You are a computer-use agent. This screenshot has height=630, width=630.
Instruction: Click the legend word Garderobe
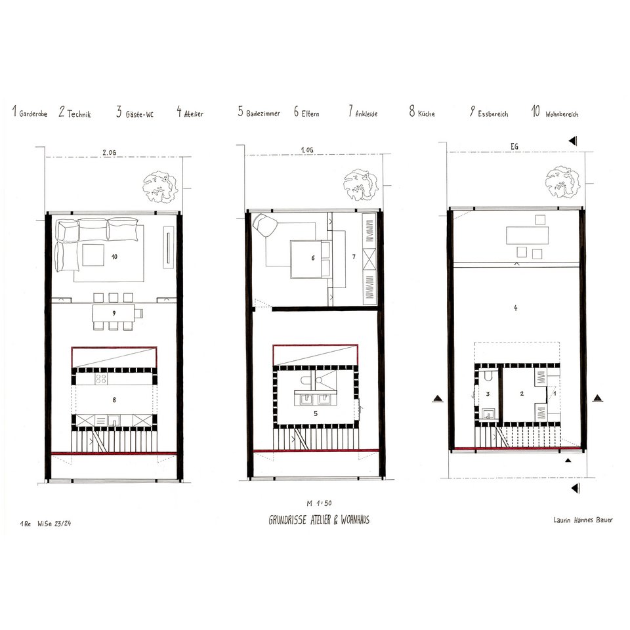tap(33, 114)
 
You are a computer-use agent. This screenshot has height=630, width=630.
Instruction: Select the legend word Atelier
tap(194, 114)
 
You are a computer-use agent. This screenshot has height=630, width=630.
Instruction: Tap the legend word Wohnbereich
tap(562, 114)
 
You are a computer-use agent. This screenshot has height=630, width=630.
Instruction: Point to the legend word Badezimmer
tap(263, 114)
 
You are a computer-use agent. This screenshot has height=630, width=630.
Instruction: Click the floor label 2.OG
tap(109, 153)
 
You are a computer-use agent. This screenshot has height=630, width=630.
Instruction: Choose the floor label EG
tap(514, 146)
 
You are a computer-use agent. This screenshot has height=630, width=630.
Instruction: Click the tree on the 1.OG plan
tap(360, 184)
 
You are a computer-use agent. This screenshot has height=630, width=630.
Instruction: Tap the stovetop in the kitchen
tap(101, 379)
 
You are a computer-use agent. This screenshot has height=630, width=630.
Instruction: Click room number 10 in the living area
tap(114, 257)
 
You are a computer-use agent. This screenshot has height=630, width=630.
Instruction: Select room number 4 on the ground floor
tap(516, 308)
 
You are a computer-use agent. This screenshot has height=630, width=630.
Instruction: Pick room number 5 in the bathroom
tap(316, 413)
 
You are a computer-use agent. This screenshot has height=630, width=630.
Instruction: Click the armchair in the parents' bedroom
tap(264, 225)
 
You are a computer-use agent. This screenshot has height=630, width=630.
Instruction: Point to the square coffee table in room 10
tap(93, 255)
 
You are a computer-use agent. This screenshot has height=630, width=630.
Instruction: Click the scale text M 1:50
tap(319, 503)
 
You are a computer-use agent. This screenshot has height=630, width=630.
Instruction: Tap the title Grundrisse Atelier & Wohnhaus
tap(319, 520)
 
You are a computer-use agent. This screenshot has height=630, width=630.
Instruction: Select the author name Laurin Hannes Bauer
tap(583, 520)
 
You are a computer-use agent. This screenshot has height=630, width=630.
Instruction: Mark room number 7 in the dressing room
tap(354, 257)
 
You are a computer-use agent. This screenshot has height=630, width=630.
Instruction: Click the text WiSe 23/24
tap(54, 524)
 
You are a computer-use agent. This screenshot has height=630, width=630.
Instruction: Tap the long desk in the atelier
tap(527, 235)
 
